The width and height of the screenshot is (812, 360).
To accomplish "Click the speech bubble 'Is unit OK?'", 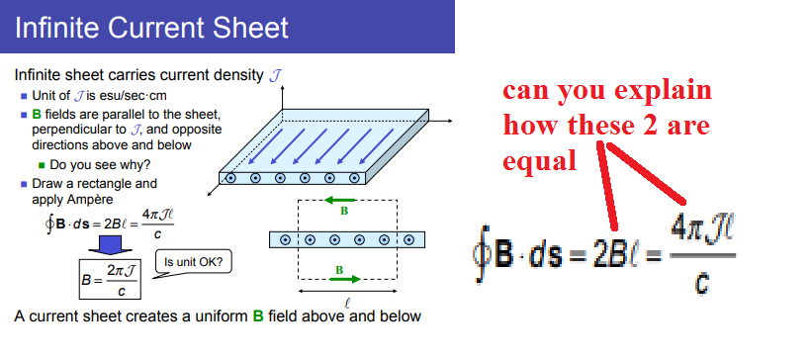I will [194, 263].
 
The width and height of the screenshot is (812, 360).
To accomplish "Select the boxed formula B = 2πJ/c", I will [110, 280].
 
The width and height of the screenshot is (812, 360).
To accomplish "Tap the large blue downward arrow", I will [110, 245].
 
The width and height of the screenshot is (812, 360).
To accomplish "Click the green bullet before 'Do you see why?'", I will [42, 165].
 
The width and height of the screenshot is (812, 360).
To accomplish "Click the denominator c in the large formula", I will [700, 283].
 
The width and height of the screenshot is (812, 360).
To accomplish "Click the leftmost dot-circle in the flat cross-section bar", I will [287, 239].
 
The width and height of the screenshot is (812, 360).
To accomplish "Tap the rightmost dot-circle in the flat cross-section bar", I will [406, 239].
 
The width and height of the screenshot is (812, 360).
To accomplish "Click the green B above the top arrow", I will [343, 211].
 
